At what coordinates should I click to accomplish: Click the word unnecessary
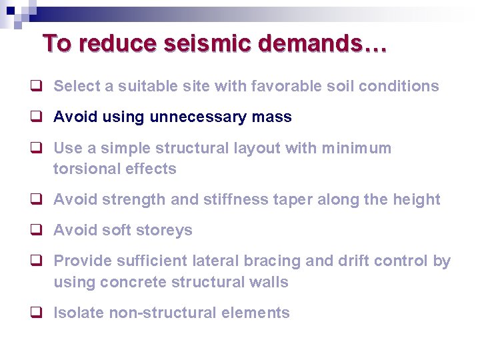coord(198,117)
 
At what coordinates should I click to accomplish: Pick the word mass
coord(272,117)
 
